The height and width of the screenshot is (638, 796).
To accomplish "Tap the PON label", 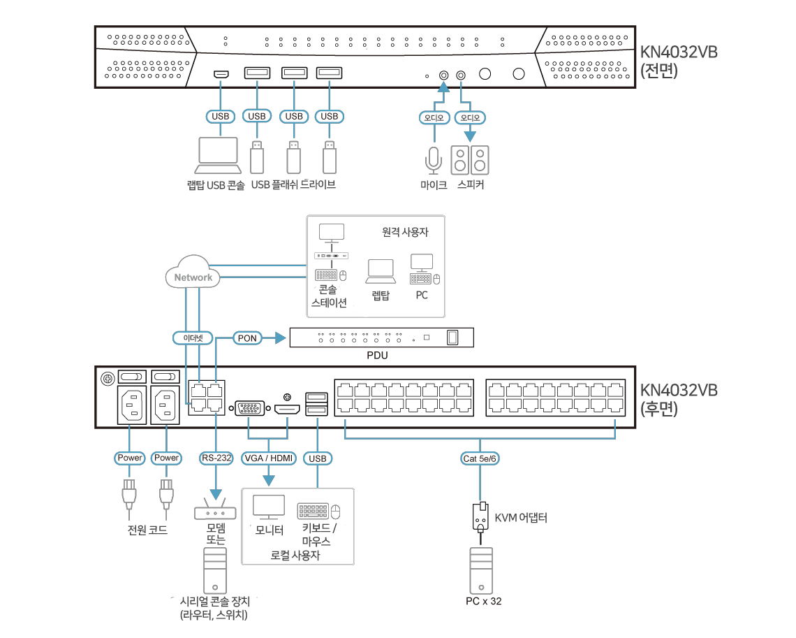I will pos(247,338).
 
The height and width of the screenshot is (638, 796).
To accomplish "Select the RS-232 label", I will pos(216,458).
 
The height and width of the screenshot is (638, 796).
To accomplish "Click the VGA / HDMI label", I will pos(269,458).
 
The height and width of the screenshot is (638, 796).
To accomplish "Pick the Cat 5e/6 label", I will pos(480,458).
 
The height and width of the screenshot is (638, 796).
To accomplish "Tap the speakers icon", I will pos(470,160).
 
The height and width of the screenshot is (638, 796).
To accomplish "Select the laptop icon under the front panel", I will pos(219,156).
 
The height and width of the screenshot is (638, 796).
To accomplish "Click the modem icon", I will pos(215,512).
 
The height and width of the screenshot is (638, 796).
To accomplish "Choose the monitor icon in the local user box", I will pos(268,508).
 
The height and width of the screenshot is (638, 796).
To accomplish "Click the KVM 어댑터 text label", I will pos(521,519).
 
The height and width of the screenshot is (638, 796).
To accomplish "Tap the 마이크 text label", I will pos(434,185).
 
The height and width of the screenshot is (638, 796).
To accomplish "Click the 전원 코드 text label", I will pos(147,530).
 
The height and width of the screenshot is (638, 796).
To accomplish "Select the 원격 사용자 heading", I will pos(405,233).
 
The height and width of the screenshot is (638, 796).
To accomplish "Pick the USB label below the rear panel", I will pos(317,458).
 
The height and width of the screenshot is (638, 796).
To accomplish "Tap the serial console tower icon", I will pos(215,570).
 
